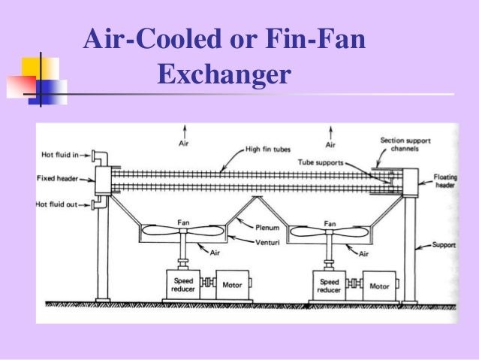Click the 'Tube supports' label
346,160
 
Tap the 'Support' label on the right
442,245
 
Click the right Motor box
378,286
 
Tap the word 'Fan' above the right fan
328,222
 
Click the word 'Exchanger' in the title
223,75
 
